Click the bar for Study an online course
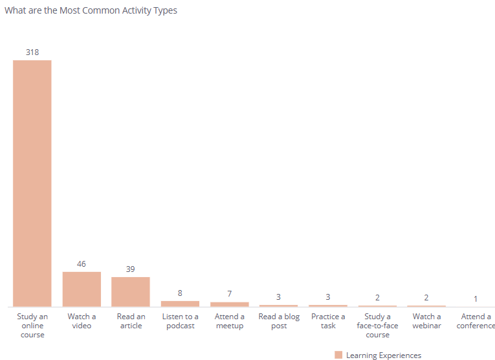pyautogui.click(x=32, y=183)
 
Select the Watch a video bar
pyautogui.click(x=82, y=289)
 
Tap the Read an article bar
pyautogui.click(x=131, y=291)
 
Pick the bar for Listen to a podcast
pyautogui.click(x=180, y=304)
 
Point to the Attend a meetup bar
pyautogui.click(x=229, y=304)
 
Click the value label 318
pyautogui.click(x=32, y=52)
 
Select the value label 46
pyautogui.click(x=82, y=264)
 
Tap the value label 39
pyautogui.click(x=131, y=269)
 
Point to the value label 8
pyautogui.click(x=180, y=293)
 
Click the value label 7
pyautogui.click(x=229, y=294)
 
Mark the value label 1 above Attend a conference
pyautogui.click(x=476, y=298)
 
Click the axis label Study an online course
pyautogui.click(x=32, y=326)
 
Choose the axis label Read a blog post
pyautogui.click(x=279, y=321)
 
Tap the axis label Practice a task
pyautogui.click(x=328, y=321)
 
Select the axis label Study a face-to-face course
pyautogui.click(x=377, y=326)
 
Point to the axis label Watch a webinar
pyautogui.click(x=426, y=321)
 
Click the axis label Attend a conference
pyautogui.click(x=476, y=321)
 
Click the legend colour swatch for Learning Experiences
pyautogui.click(x=338, y=355)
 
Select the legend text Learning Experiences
pyautogui.click(x=384, y=355)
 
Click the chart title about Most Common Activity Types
pyautogui.click(x=91, y=10)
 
